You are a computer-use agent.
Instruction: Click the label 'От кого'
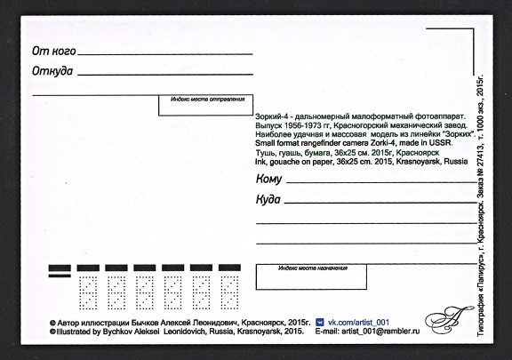pyautogui.click(x=53, y=52)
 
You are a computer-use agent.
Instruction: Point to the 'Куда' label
pyautogui.click(x=268, y=199)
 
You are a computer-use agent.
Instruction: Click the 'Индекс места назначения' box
pyautogui.click(x=310, y=276)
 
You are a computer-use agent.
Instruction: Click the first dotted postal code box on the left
pyautogui.click(x=89, y=289)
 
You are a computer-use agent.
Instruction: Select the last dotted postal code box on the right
pyautogui.click(x=230, y=289)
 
